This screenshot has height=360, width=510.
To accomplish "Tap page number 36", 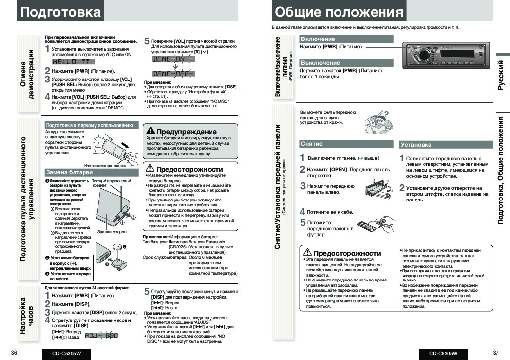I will coord(14,353).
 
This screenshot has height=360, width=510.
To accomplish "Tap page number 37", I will coord(496,353).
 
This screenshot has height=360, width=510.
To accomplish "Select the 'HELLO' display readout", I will coord(71,62).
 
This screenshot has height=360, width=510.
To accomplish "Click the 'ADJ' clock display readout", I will coord(102,336).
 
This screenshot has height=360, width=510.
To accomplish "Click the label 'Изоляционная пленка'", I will coord(106,166).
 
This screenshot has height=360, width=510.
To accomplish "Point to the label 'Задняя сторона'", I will coord(113,231).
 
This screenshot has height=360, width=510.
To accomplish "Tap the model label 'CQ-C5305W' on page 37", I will coord(443,353).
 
